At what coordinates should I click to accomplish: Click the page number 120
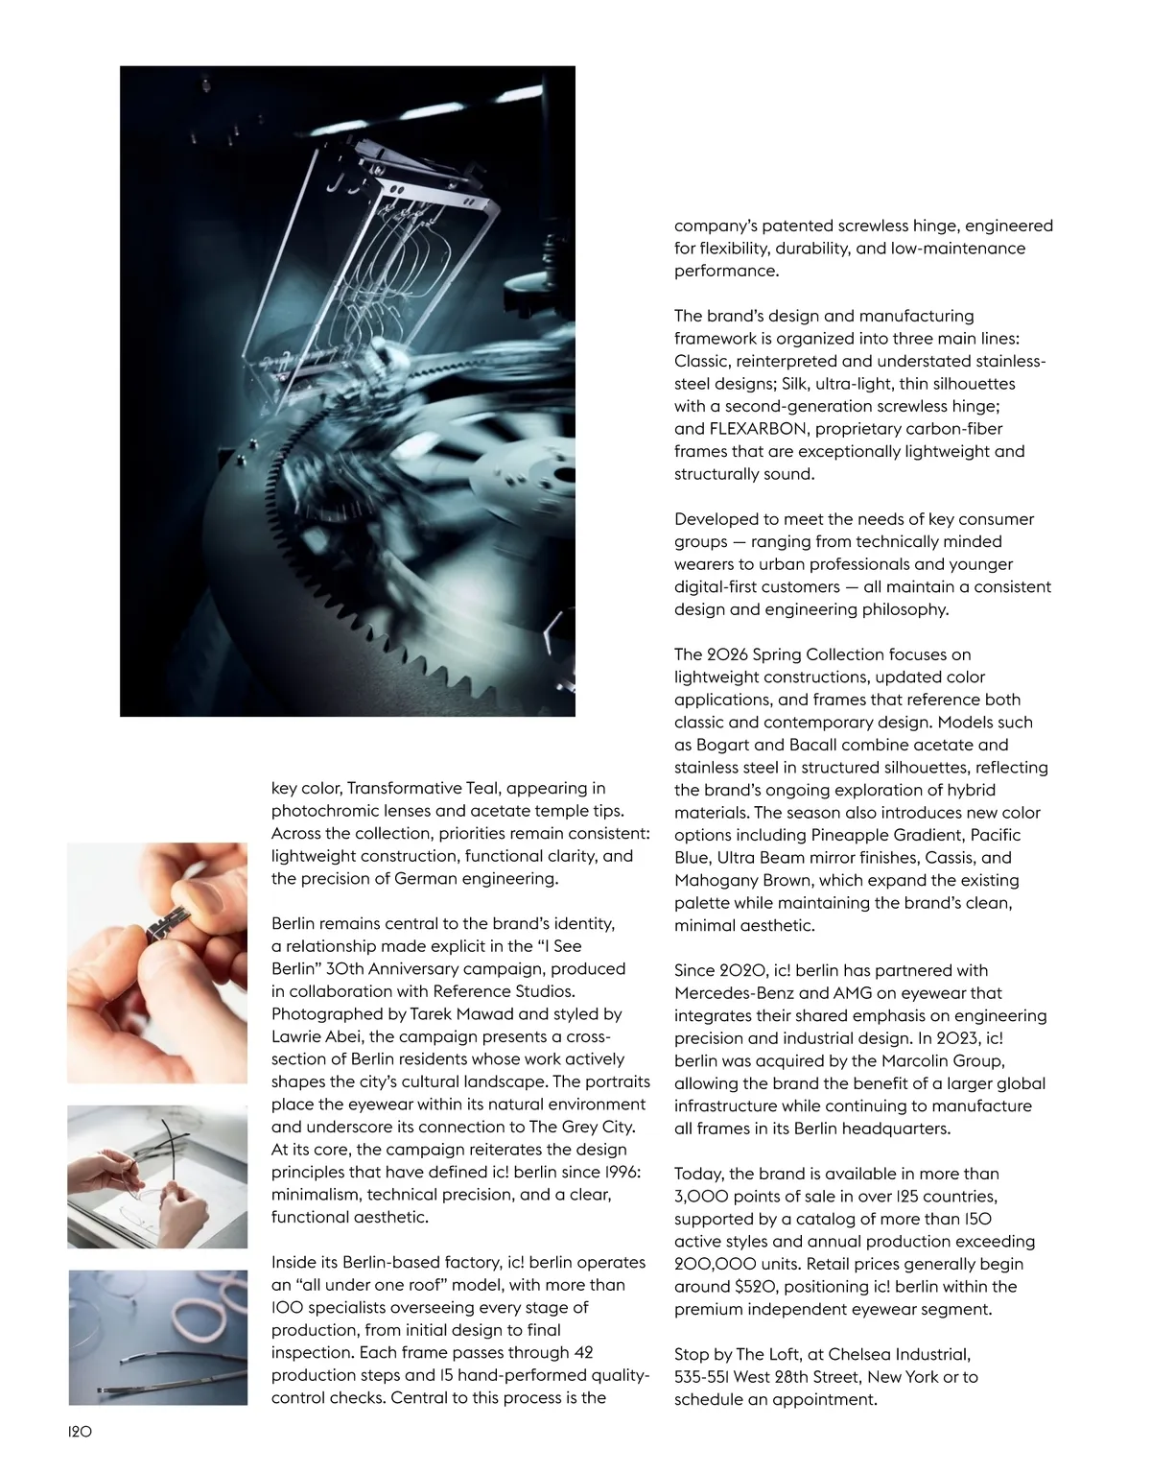(x=79, y=1431)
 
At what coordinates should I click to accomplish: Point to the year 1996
(x=616, y=1173)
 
